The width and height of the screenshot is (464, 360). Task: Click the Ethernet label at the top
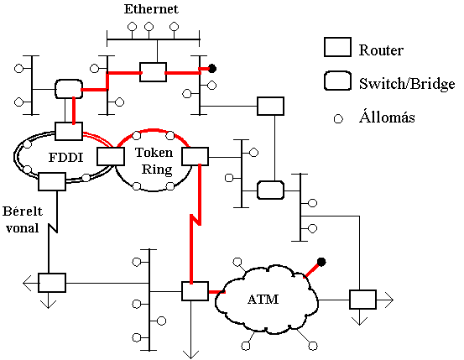click(x=151, y=9)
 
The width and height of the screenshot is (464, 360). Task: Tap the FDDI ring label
click(x=65, y=157)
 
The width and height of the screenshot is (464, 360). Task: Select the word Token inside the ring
click(x=154, y=153)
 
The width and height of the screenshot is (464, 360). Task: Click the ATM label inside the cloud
click(x=263, y=300)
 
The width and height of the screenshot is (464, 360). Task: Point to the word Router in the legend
click(x=381, y=50)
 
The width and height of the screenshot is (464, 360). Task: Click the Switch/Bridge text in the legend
click(x=407, y=83)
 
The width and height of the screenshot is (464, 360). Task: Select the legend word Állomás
click(x=387, y=117)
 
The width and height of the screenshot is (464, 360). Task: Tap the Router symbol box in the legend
click(x=337, y=47)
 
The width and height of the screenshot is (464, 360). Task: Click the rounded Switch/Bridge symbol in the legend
click(x=337, y=81)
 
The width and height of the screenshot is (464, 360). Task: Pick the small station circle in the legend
click(x=338, y=119)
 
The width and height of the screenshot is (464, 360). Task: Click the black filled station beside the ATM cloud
click(x=321, y=262)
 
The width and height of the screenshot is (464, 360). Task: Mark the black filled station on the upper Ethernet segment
click(x=212, y=69)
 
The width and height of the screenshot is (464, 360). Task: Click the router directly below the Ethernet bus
click(x=153, y=72)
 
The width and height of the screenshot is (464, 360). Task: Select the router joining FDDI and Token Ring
click(x=111, y=156)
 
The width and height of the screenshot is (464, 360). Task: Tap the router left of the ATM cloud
click(x=195, y=291)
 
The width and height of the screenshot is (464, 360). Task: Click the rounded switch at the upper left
click(x=69, y=89)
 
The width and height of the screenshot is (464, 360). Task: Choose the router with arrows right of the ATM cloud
click(x=362, y=300)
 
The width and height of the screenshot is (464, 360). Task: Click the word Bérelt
click(x=23, y=211)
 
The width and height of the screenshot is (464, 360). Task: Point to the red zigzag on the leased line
click(x=196, y=219)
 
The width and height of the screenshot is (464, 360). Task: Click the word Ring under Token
click(x=157, y=170)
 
